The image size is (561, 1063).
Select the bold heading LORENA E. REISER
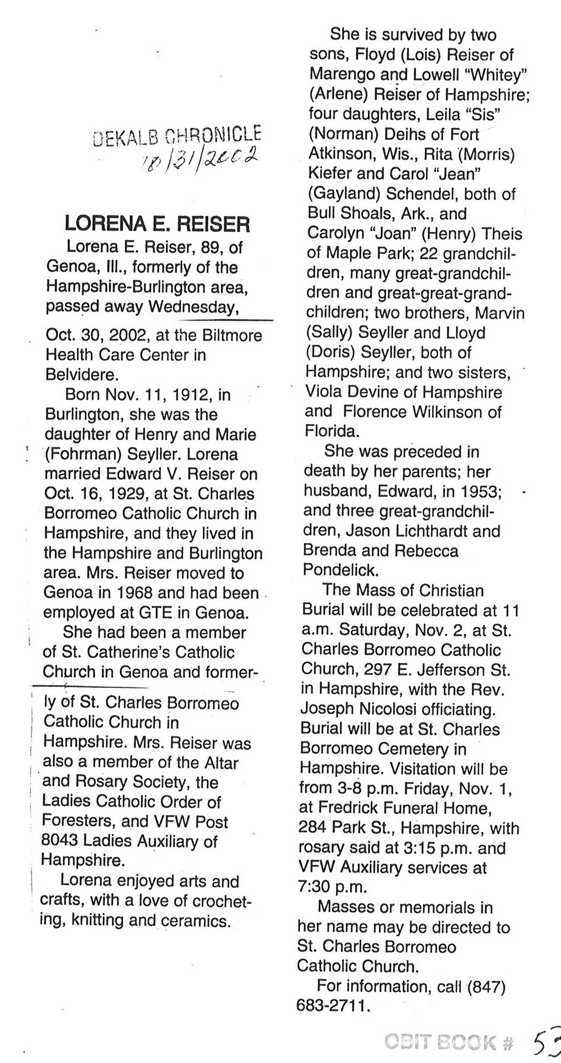pyautogui.click(x=157, y=224)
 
